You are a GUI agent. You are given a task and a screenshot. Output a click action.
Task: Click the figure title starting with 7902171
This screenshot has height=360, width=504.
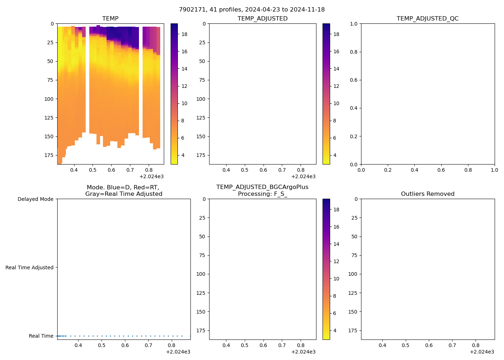252,10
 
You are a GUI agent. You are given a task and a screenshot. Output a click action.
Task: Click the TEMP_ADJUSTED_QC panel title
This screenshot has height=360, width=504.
427,19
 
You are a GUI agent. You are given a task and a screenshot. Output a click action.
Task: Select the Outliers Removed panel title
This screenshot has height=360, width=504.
427,194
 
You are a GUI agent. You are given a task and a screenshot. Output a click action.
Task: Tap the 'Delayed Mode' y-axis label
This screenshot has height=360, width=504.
35,199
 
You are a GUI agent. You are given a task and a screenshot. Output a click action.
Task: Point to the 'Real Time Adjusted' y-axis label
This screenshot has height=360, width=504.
29,267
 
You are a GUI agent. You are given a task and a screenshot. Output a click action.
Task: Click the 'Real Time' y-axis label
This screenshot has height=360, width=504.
41,336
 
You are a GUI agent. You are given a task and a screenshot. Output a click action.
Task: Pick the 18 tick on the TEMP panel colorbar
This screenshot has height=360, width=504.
184,34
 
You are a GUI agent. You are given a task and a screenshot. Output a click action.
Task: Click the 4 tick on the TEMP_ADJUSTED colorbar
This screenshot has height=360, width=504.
334,155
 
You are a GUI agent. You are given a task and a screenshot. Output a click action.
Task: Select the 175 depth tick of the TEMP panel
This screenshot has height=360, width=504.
49,155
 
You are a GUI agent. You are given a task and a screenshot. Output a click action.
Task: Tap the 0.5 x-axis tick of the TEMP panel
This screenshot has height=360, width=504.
93,170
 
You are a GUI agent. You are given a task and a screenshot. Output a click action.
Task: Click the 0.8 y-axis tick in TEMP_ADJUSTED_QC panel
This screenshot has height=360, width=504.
354,52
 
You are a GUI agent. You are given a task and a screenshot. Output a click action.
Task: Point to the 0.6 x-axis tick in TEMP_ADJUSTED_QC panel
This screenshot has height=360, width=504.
441,170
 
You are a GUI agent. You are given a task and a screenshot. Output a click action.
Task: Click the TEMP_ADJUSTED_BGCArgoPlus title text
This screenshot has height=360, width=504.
262,187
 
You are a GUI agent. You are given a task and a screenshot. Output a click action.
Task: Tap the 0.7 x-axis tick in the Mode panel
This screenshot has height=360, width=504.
148,345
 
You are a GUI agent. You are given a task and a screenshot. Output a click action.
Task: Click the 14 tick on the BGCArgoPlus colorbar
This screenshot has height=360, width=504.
336,244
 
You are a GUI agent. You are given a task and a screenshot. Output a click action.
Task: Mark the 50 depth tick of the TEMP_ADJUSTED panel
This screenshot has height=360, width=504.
202,61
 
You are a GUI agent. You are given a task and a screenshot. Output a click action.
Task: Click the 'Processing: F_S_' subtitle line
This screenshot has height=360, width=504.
262,194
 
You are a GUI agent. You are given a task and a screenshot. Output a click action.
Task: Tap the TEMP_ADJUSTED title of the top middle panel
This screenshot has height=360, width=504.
262,19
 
